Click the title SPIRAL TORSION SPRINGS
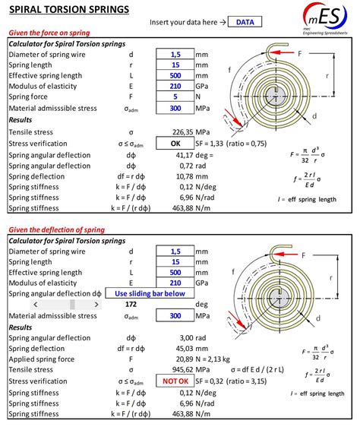click(x=68, y=9)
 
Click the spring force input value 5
click(x=175, y=97)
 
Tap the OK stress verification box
click(x=175, y=143)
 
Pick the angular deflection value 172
click(x=176, y=304)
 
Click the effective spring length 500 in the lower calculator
click(x=175, y=271)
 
